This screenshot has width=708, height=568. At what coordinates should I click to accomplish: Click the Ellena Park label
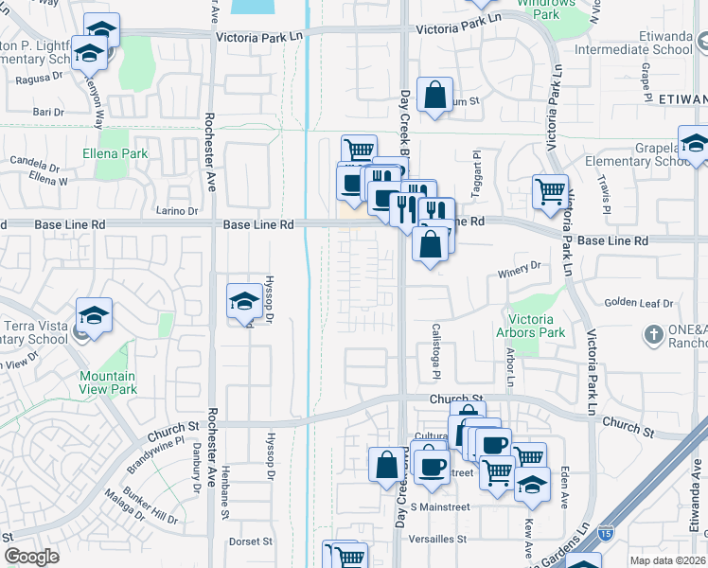[115, 153]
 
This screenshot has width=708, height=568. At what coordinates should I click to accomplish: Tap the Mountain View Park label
[108, 382]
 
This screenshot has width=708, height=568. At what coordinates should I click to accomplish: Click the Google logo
[31, 557]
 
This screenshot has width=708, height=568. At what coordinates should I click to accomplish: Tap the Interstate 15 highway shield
[604, 534]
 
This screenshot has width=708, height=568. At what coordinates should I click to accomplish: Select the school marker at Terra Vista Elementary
[95, 316]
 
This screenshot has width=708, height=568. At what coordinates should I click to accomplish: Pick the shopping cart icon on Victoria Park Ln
[550, 191]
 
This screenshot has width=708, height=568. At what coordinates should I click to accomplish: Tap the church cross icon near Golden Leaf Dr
[653, 334]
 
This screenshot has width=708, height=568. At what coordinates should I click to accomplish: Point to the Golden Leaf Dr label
[638, 303]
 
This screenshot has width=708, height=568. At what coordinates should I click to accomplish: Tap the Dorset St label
[251, 542]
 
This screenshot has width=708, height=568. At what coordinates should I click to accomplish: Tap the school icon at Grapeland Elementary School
[693, 144]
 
